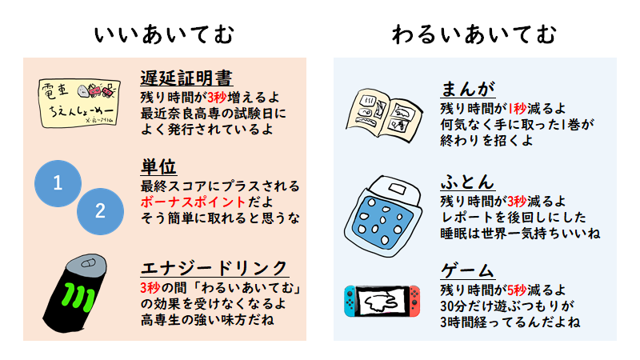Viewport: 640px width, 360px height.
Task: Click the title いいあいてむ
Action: [164, 34]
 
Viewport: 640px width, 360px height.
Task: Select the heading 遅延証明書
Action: [186, 78]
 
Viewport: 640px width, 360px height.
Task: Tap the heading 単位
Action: [158, 168]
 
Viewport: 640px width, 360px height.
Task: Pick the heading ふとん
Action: [467, 181]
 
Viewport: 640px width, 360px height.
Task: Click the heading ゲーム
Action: [467, 270]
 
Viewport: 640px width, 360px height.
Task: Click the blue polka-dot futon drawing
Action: [389, 211]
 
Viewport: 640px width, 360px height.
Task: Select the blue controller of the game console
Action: [350, 301]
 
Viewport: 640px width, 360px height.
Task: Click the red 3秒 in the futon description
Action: [516, 200]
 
